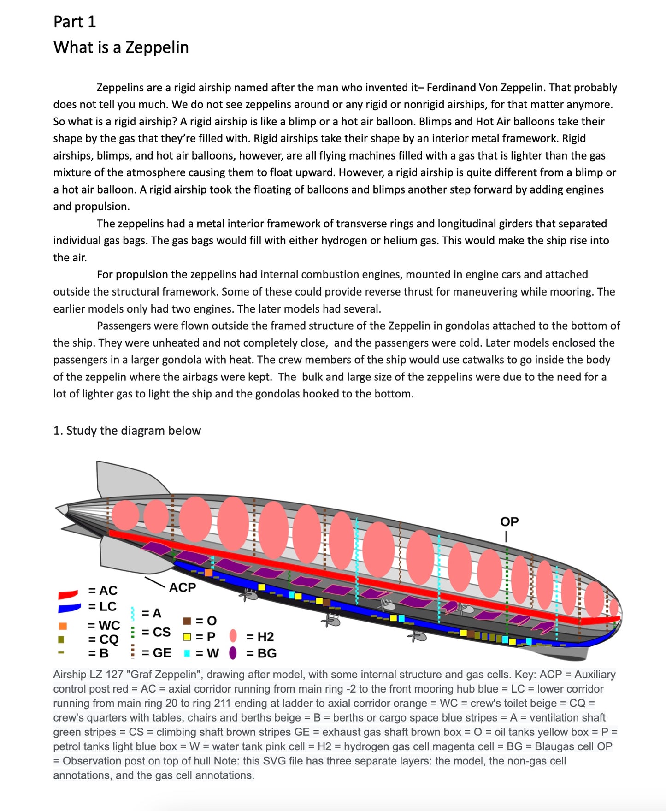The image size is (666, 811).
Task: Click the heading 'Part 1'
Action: [x=75, y=22]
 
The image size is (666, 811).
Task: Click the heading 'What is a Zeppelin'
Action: [x=121, y=47]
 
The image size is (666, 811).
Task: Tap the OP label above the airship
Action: [x=509, y=521]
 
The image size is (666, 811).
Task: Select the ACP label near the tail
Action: [x=183, y=587]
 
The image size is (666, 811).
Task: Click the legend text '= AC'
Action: [x=103, y=591]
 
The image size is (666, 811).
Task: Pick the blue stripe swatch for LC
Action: [x=69, y=608]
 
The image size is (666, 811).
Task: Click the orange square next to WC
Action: [x=63, y=626]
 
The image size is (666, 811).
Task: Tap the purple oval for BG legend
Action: [x=233, y=653]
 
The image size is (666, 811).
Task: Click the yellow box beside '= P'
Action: [x=187, y=637]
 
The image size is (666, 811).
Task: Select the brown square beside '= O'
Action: [x=187, y=621]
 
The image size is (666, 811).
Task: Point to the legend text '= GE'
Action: [x=156, y=653]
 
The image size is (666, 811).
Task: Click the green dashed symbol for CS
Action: [x=133, y=632]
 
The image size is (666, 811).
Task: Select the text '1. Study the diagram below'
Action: [x=127, y=431]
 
